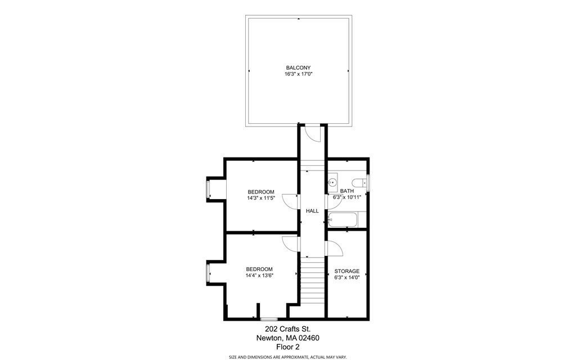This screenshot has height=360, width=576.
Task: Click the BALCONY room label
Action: point(298,67)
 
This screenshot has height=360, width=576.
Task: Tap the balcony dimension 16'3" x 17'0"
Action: point(298,74)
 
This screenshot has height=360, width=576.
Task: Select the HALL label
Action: point(312,211)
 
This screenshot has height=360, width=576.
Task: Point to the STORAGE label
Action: point(346,271)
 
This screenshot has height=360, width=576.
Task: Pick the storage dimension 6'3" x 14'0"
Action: point(346,277)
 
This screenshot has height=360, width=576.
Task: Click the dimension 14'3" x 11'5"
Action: point(261,198)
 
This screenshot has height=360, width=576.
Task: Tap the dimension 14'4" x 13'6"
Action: point(259,276)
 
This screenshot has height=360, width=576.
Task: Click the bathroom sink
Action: point(332,182)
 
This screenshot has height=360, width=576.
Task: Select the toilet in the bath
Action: point(358,182)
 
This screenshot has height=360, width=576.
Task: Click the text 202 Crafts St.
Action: point(287,329)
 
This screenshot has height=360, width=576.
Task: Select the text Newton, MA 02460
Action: point(287,338)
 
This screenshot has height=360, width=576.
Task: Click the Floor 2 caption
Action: point(287,347)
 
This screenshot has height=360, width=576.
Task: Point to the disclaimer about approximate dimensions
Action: point(287,357)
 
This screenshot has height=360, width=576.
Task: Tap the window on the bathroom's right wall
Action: point(367,182)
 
